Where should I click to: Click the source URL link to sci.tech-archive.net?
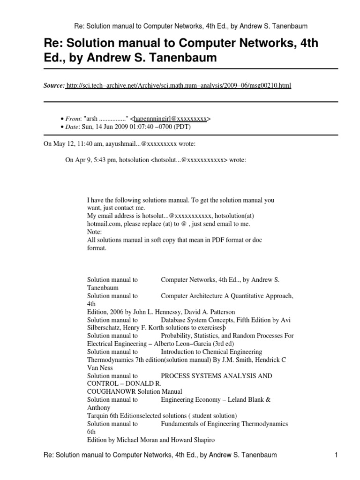pyautogui.click(x=179, y=85)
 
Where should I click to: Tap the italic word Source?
pyautogui.click(x=54, y=85)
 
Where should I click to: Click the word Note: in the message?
pyautogui.click(x=94, y=232)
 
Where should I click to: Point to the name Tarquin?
pyautogui.click(x=98, y=415)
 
